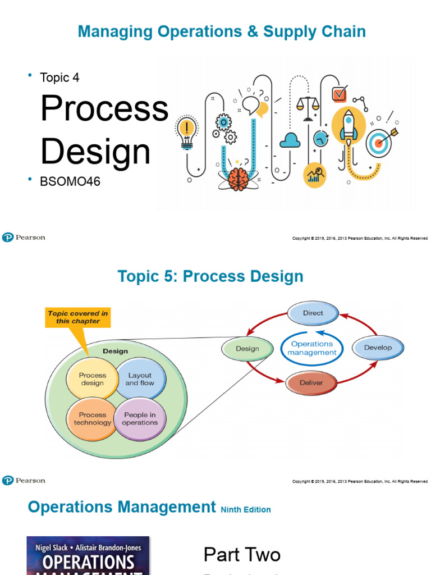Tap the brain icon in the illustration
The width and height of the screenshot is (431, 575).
tap(238, 178)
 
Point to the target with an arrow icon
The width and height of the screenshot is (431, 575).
tap(380, 142)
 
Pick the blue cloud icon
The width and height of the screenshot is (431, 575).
tap(290, 140)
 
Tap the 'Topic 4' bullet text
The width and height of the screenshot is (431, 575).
tap(59, 77)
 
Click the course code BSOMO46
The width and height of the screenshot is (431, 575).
tap(70, 181)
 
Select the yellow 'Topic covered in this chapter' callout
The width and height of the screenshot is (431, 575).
tap(78, 318)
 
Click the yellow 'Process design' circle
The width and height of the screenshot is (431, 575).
tap(92, 379)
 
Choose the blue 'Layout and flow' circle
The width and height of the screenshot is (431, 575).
tap(139, 379)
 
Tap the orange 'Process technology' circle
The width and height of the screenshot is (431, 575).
tap(92, 419)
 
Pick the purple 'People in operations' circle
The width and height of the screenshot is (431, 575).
tap(140, 419)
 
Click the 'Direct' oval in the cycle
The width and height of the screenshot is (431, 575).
tap(313, 313)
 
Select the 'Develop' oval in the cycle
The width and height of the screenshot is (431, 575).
tap(378, 348)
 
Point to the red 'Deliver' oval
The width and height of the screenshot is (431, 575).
tap(311, 383)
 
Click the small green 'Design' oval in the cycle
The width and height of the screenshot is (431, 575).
tap(247, 349)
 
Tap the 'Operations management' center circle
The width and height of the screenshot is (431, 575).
tap(312, 348)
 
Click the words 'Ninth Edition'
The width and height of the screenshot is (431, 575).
tap(246, 510)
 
